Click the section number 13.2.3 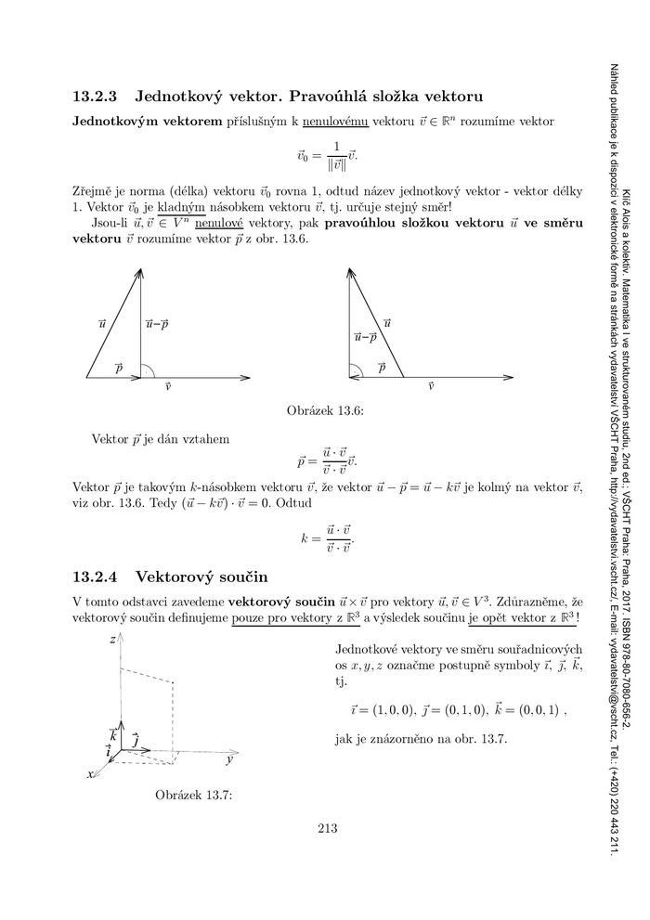(97, 96)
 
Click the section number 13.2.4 (97, 576)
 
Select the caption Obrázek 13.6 (324, 410)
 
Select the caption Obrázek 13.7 (193, 795)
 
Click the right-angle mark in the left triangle (147, 371)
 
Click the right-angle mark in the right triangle (355, 371)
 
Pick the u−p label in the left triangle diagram (158, 324)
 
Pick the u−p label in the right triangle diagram (365, 337)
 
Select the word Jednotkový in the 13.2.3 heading (180, 96)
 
